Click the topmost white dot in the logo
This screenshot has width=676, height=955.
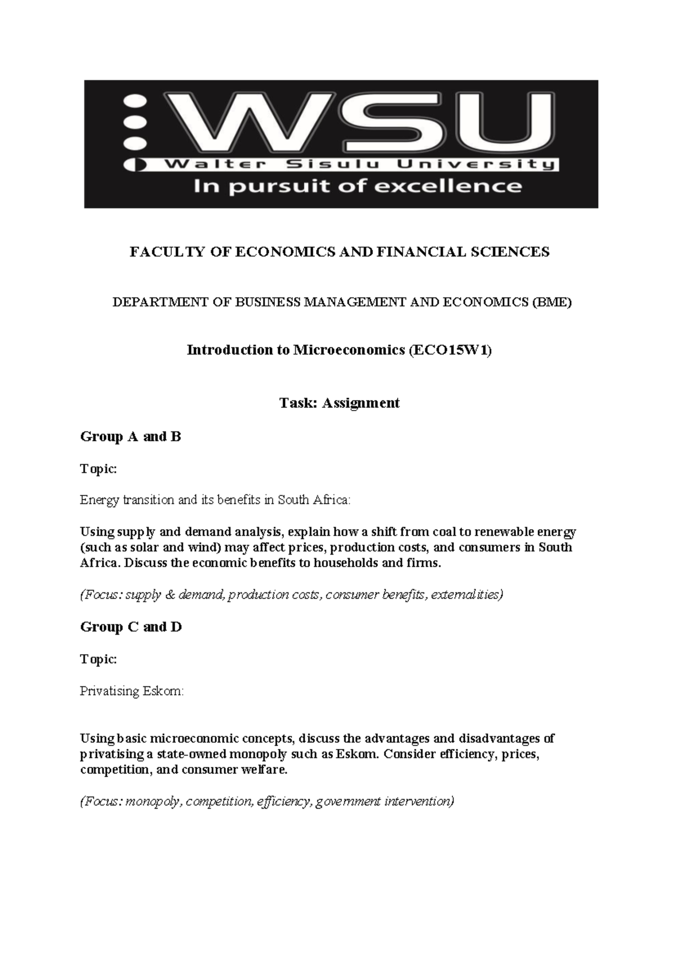(135, 101)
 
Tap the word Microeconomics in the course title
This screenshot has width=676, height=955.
(348, 350)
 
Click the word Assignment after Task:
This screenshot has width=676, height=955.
(361, 403)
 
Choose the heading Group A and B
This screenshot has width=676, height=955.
(131, 436)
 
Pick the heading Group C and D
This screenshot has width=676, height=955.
(131, 627)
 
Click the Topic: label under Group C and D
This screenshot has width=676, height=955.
(98, 659)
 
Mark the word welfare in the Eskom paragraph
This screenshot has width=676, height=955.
(265, 770)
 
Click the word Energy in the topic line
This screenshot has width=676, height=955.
(98, 500)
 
